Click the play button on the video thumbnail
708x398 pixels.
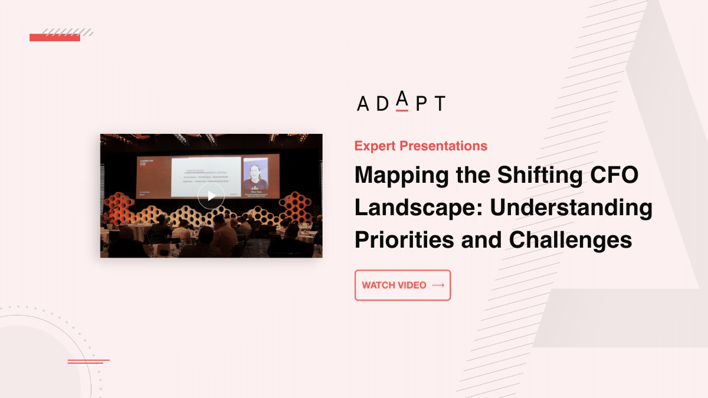(211, 196)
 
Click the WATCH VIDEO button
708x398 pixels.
(402, 285)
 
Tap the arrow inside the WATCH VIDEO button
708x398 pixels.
(438, 285)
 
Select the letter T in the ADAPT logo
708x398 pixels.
(439, 104)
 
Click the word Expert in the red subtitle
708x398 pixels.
(375, 146)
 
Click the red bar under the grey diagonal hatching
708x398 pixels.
(54, 38)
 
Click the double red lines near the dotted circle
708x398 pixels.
(87, 361)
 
